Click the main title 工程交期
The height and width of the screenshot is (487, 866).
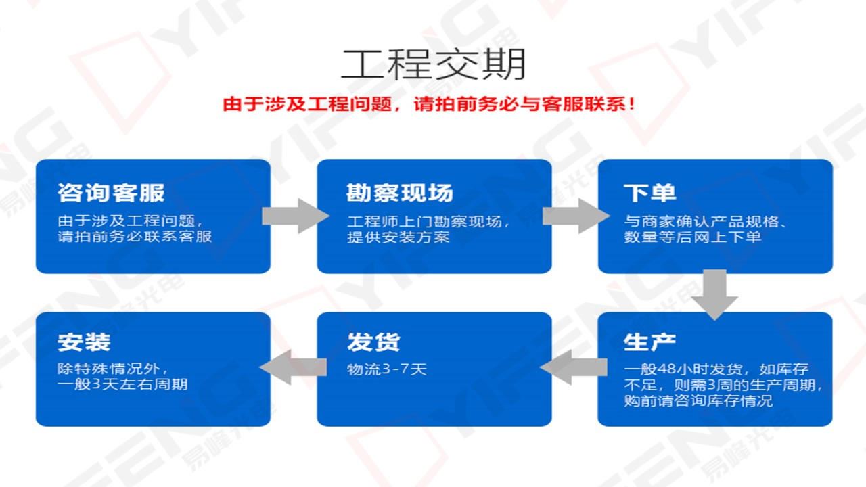tap(433, 64)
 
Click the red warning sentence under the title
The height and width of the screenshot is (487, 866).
tap(429, 104)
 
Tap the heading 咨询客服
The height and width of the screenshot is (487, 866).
tap(112, 193)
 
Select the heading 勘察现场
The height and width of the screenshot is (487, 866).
tap(400, 193)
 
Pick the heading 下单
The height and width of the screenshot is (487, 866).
tap(650, 193)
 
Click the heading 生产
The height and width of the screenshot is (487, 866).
tap(649, 342)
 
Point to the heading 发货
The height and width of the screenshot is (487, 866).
tap(373, 342)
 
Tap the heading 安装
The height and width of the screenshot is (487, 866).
tap(84, 342)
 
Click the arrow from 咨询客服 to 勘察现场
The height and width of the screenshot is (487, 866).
tap(296, 216)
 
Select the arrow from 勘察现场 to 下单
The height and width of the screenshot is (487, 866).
tap(576, 216)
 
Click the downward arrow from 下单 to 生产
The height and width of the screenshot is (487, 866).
tap(714, 294)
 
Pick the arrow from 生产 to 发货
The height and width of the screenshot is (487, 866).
tap(574, 367)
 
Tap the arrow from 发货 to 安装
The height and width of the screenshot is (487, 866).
tap(293, 367)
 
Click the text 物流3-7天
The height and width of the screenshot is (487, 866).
tap(386, 369)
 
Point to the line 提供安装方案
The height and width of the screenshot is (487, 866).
tap(398, 237)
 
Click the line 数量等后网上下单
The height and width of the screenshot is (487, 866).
tap(692, 237)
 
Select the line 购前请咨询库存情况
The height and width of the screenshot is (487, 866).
tap(698, 401)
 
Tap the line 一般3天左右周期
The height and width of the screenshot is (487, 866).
tap(122, 385)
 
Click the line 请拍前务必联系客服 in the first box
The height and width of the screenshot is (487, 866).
tap(135, 237)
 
